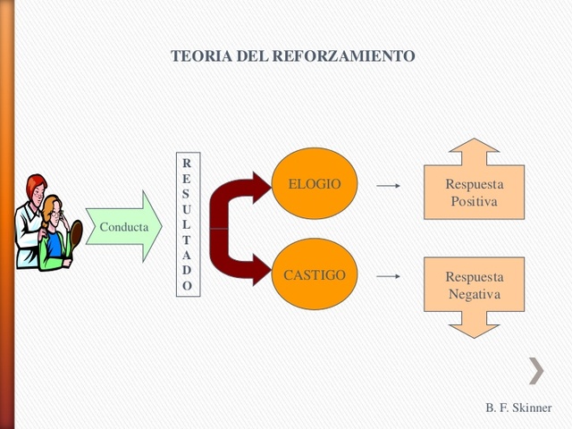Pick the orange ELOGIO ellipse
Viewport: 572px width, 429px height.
pyautogui.click(x=314, y=184)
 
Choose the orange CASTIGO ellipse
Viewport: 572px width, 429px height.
pyautogui.click(x=314, y=273)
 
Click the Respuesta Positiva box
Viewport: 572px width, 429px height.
pyautogui.click(x=474, y=193)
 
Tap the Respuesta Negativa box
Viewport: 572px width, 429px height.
pyautogui.click(x=474, y=285)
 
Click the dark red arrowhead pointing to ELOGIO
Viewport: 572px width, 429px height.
pyautogui.click(x=260, y=185)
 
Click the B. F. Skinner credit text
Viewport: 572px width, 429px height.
pyautogui.click(x=518, y=408)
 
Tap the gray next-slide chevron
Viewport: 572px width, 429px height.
pyautogui.click(x=535, y=370)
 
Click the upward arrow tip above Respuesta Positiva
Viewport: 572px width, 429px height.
pyautogui.click(x=474, y=145)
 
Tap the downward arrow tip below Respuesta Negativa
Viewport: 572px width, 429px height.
pyautogui.click(x=474, y=332)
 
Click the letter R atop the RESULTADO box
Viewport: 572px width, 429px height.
pyautogui.click(x=187, y=164)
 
